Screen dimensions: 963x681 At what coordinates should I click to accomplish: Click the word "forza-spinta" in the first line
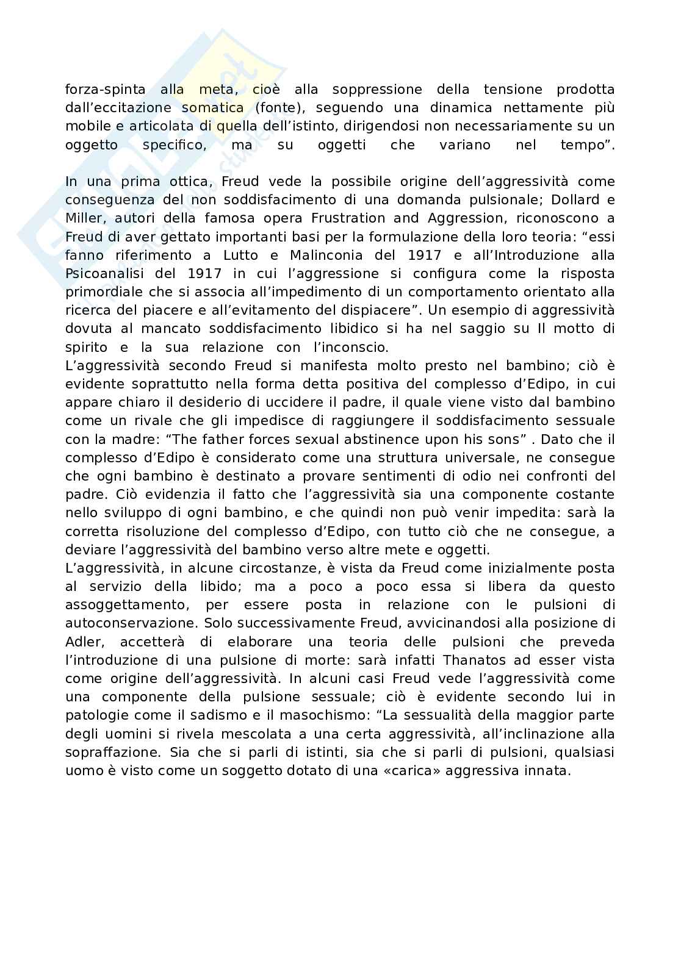[x=105, y=90]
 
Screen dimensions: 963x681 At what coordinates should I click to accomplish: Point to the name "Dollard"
[x=577, y=200]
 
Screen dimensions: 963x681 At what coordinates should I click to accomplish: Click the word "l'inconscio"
[x=350, y=347]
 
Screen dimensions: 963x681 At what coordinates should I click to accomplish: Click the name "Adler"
[x=82, y=642]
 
